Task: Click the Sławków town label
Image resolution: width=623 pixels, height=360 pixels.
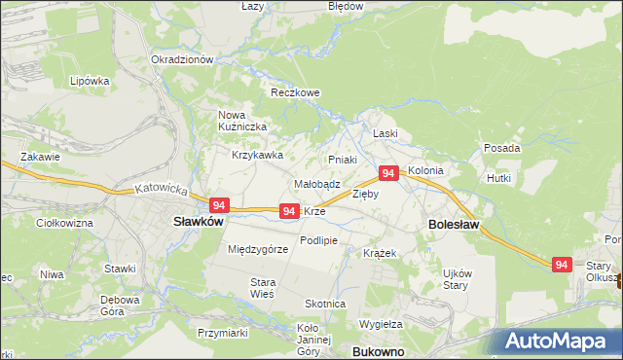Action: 199,221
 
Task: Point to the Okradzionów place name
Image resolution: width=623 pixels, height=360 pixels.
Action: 182,59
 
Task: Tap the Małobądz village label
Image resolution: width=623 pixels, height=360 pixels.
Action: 316,183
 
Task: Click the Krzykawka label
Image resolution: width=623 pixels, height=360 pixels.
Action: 257,155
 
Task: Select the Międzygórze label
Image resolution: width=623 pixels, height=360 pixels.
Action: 258,249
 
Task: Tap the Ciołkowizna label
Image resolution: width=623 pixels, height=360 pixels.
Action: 63,223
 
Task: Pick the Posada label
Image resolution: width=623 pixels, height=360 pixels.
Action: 501,148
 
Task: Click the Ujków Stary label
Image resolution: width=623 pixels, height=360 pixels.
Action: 457,279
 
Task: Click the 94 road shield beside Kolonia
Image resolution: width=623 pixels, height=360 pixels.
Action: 388,173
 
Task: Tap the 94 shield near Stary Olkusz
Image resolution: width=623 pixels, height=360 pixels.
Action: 561,264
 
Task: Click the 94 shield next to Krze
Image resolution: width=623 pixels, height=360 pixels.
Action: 288,210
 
